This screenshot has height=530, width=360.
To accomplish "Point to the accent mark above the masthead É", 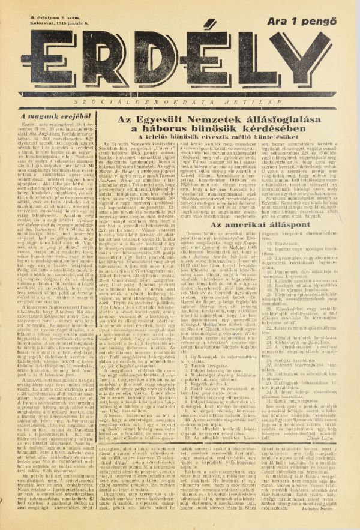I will coord(198,21).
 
